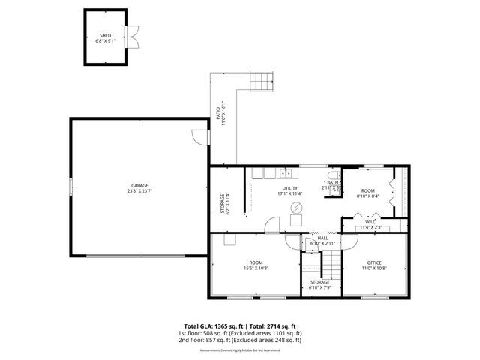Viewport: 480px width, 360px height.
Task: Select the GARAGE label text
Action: pos(139,185)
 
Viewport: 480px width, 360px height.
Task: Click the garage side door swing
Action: pos(198,138)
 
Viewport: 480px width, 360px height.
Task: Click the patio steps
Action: pos(259,79)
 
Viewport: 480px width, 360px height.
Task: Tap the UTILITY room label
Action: pos(289,188)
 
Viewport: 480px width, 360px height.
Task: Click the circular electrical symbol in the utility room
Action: pos(296,208)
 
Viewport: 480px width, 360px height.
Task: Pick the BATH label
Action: pos(333,182)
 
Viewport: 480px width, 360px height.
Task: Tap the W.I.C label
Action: pos(370,222)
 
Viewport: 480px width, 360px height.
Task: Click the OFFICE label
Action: pos(374,262)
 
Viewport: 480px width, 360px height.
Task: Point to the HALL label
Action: pos(322,238)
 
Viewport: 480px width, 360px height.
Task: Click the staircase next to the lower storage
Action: pos(330,263)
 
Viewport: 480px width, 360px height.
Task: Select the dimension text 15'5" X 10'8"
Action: pos(256,268)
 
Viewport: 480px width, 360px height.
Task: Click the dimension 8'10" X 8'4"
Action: pos(367,196)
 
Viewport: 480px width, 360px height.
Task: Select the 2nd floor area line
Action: pos(240,340)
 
